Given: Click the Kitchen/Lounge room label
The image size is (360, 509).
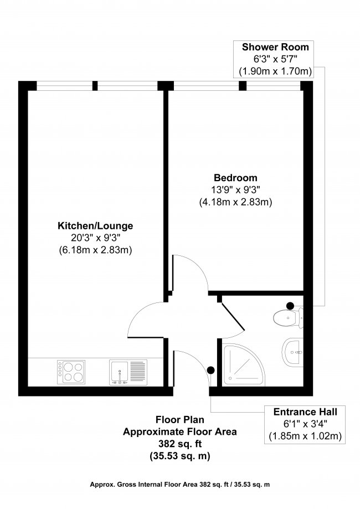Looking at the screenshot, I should click(95, 226).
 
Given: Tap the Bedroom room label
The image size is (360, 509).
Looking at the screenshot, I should click(235, 178).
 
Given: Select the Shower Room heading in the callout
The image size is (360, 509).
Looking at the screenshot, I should click(275, 47).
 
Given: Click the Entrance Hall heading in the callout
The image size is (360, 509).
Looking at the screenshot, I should click(305, 412).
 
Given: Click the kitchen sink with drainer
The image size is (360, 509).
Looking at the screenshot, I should click(127, 371).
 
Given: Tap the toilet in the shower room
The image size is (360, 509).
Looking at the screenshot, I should click(287, 317).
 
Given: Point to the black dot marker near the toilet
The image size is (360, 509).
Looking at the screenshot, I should click(290, 305).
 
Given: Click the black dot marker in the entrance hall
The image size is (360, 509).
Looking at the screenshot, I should click(210, 371).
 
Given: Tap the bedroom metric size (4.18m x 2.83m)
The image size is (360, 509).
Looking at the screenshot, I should click(235, 202).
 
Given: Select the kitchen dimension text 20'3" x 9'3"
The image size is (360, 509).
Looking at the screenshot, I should click(95, 238).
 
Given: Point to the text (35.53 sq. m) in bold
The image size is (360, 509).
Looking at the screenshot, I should click(180, 456).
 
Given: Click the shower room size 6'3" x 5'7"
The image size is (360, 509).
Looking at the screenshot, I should click(275, 59).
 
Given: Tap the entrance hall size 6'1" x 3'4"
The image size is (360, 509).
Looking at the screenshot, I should click(305, 424).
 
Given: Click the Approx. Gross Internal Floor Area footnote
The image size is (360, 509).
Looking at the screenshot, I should click(180, 484).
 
